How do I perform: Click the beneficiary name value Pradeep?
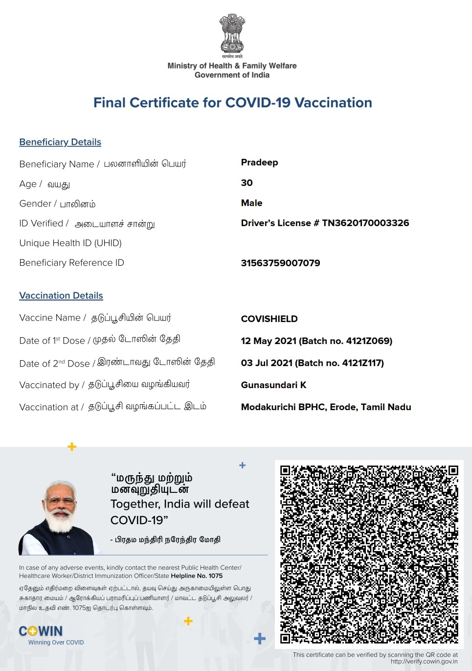(259, 162)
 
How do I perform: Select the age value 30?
(247, 183)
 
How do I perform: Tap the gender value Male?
(251, 203)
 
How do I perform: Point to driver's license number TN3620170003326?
(365, 223)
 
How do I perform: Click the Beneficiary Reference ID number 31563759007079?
(280, 263)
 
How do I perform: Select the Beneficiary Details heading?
(60, 142)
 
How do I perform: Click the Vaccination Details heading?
(61, 296)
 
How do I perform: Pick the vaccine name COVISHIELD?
(269, 319)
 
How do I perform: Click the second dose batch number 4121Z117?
(362, 363)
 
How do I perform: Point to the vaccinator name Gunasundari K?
(273, 385)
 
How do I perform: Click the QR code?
(369, 554)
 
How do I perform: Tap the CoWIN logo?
(41, 631)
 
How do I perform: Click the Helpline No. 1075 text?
(197, 576)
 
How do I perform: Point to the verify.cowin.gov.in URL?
(424, 661)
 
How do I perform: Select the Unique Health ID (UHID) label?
(70, 243)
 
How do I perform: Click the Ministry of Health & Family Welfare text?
(232, 66)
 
